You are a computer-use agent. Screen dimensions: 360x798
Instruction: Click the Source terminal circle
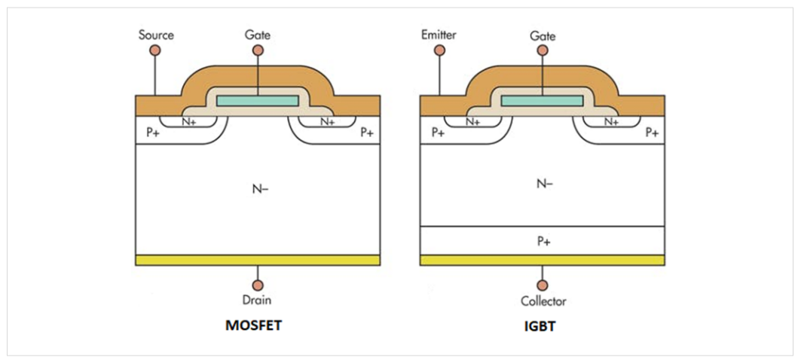pyautogui.click(x=156, y=50)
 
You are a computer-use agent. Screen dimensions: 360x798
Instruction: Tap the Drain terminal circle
pyautogui.click(x=258, y=286)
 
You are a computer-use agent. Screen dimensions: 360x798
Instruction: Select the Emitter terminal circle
pyautogui.click(x=440, y=50)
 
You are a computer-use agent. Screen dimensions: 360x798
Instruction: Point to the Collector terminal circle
pyautogui.click(x=543, y=286)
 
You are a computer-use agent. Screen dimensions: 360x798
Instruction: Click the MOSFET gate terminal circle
pyautogui.click(x=258, y=50)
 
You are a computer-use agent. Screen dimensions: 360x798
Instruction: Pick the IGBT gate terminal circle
pyautogui.click(x=543, y=50)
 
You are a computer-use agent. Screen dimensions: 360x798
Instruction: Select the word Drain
pyautogui.click(x=258, y=301)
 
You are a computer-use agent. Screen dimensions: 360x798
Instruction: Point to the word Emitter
pyautogui.click(x=440, y=35)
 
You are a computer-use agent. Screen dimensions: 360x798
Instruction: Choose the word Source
pyautogui.click(x=156, y=35)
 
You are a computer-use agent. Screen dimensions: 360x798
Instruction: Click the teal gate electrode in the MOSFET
pyautogui.click(x=258, y=100)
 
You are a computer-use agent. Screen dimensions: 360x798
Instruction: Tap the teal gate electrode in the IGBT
pyautogui.click(x=543, y=100)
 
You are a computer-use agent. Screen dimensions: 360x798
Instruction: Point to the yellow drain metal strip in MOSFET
pyautogui.click(x=258, y=260)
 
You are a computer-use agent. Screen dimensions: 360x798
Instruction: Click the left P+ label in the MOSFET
pyautogui.click(x=153, y=133)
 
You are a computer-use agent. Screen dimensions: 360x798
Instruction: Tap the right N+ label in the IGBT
pyautogui.click(x=611, y=121)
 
